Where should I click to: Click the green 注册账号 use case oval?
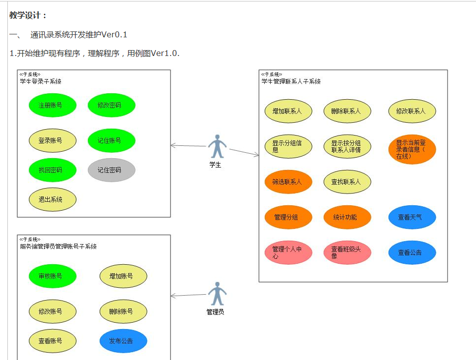52,105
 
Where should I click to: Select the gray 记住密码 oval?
112,170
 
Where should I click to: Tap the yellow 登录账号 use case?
52,140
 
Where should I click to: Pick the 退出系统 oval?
52,199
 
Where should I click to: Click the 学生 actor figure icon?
216,146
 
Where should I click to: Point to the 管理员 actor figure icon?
217,294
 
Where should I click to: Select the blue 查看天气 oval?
412,217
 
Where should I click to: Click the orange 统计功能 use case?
347,217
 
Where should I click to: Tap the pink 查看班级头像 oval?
347,252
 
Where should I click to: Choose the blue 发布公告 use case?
123,341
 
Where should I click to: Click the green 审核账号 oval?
52,276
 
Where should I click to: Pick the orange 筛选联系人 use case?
288,182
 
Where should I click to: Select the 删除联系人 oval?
347,111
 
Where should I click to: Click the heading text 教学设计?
28,15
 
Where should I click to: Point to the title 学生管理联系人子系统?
291,82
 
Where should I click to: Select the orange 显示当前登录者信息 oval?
412,149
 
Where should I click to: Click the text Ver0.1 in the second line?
114,34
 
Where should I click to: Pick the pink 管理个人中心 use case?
288,252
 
